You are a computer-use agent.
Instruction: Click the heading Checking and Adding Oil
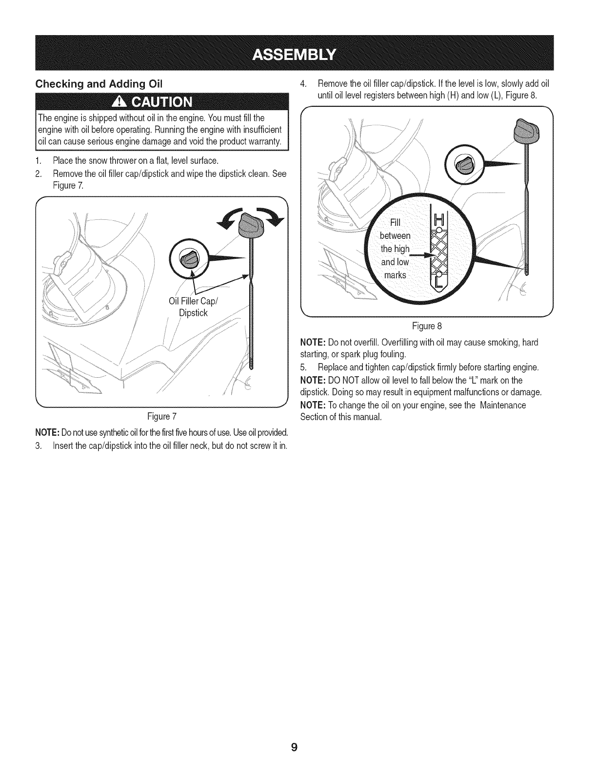pyautogui.click(x=99, y=83)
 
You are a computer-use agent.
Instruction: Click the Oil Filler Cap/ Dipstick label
pyautogui.click(x=194, y=307)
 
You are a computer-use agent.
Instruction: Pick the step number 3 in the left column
pyautogui.click(x=38, y=446)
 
